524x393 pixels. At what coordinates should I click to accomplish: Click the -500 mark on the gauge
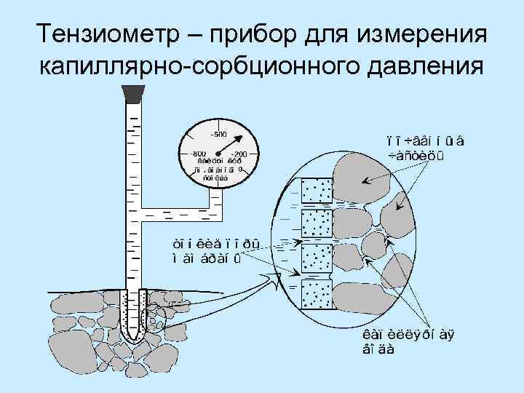pyautogui.click(x=218, y=134)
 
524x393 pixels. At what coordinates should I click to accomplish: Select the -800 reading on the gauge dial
pyautogui.click(x=197, y=154)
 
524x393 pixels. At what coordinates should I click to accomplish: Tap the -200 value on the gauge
pyautogui.click(x=238, y=154)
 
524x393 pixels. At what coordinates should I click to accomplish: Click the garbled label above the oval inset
pyautogui.click(x=418, y=146)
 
